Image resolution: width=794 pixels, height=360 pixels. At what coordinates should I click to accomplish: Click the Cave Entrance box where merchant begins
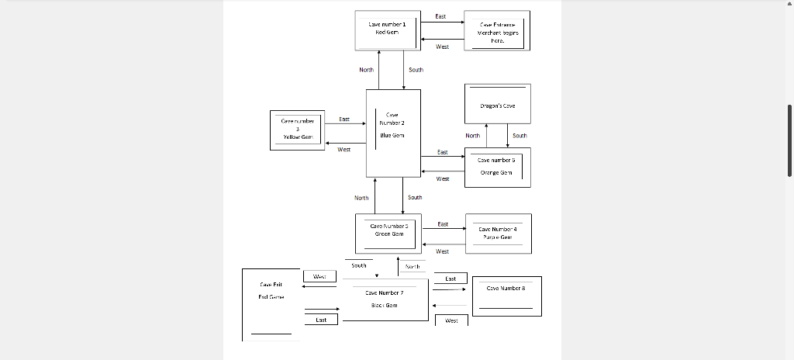click(497, 31)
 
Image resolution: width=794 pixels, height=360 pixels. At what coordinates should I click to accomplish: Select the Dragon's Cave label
click(497, 106)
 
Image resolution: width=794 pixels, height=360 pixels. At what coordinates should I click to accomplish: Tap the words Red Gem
click(387, 33)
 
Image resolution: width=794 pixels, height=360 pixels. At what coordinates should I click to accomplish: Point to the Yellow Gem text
click(297, 136)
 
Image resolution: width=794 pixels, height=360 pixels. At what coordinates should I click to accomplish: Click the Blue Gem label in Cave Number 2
click(392, 135)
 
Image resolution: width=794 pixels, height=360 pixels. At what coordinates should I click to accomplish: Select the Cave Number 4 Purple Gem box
click(498, 234)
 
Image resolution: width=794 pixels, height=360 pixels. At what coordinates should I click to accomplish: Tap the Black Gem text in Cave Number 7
click(384, 305)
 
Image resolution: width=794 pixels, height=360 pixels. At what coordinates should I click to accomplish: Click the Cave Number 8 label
click(506, 288)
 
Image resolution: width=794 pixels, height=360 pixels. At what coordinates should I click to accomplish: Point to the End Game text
click(270, 296)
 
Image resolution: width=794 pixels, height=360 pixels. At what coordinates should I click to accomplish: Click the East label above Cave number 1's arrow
click(440, 16)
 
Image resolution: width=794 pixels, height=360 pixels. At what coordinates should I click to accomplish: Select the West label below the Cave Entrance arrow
click(442, 47)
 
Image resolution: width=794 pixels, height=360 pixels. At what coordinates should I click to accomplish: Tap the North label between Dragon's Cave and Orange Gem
click(472, 135)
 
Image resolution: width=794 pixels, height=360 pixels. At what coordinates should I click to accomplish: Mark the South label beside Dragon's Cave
click(520, 135)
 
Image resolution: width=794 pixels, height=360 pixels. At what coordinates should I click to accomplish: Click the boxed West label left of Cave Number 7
click(319, 276)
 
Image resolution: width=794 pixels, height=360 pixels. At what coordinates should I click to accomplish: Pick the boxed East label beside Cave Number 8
click(451, 278)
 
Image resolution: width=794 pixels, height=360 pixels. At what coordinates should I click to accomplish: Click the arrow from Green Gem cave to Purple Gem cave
click(443, 230)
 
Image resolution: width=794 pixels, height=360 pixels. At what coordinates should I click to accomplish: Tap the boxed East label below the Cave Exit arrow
click(321, 320)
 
